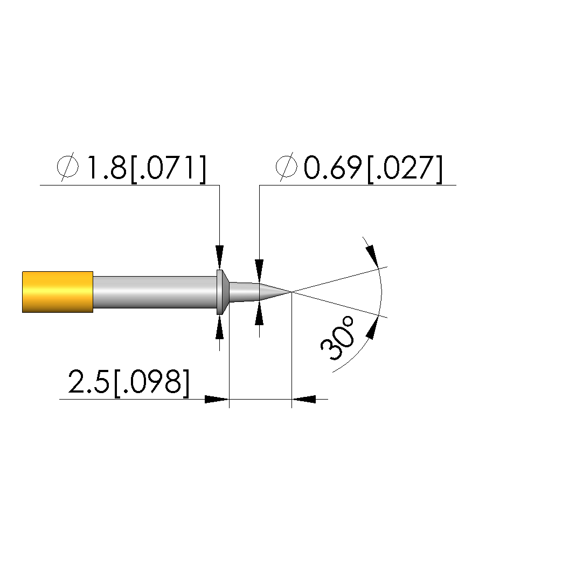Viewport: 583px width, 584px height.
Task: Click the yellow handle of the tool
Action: pyautogui.click(x=58, y=292)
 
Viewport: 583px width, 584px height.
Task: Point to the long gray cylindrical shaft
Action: pyautogui.click(x=155, y=292)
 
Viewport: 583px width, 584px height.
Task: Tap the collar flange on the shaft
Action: pyautogui.click(x=222, y=292)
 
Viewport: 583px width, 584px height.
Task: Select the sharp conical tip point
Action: pyautogui.click(x=291, y=292)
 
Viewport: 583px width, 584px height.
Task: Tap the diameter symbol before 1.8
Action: pyautogui.click(x=68, y=167)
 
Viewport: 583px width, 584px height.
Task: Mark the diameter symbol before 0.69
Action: pyautogui.click(x=287, y=167)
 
